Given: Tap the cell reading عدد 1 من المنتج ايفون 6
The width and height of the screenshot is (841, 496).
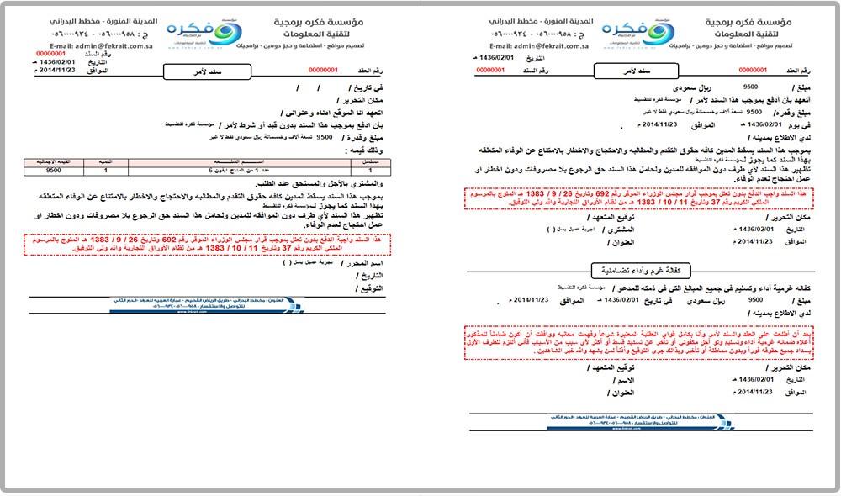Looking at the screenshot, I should click(227, 168).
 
